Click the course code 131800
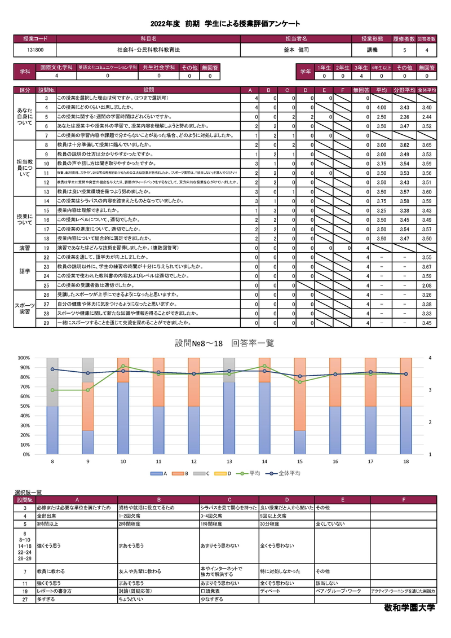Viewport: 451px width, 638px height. point(35,50)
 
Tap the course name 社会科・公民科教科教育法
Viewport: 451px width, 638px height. point(148,50)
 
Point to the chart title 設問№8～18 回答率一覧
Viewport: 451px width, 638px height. point(224,344)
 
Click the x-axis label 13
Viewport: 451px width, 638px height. point(228,461)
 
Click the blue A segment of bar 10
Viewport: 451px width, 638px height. point(123,418)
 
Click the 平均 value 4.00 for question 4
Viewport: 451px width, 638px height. point(381,107)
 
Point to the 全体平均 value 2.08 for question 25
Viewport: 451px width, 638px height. point(426,286)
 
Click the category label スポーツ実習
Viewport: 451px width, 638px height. point(25,309)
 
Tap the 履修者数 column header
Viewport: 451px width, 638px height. point(405,39)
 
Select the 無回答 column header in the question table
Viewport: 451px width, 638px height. point(360,90)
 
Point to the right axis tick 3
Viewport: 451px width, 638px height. point(430,390)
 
